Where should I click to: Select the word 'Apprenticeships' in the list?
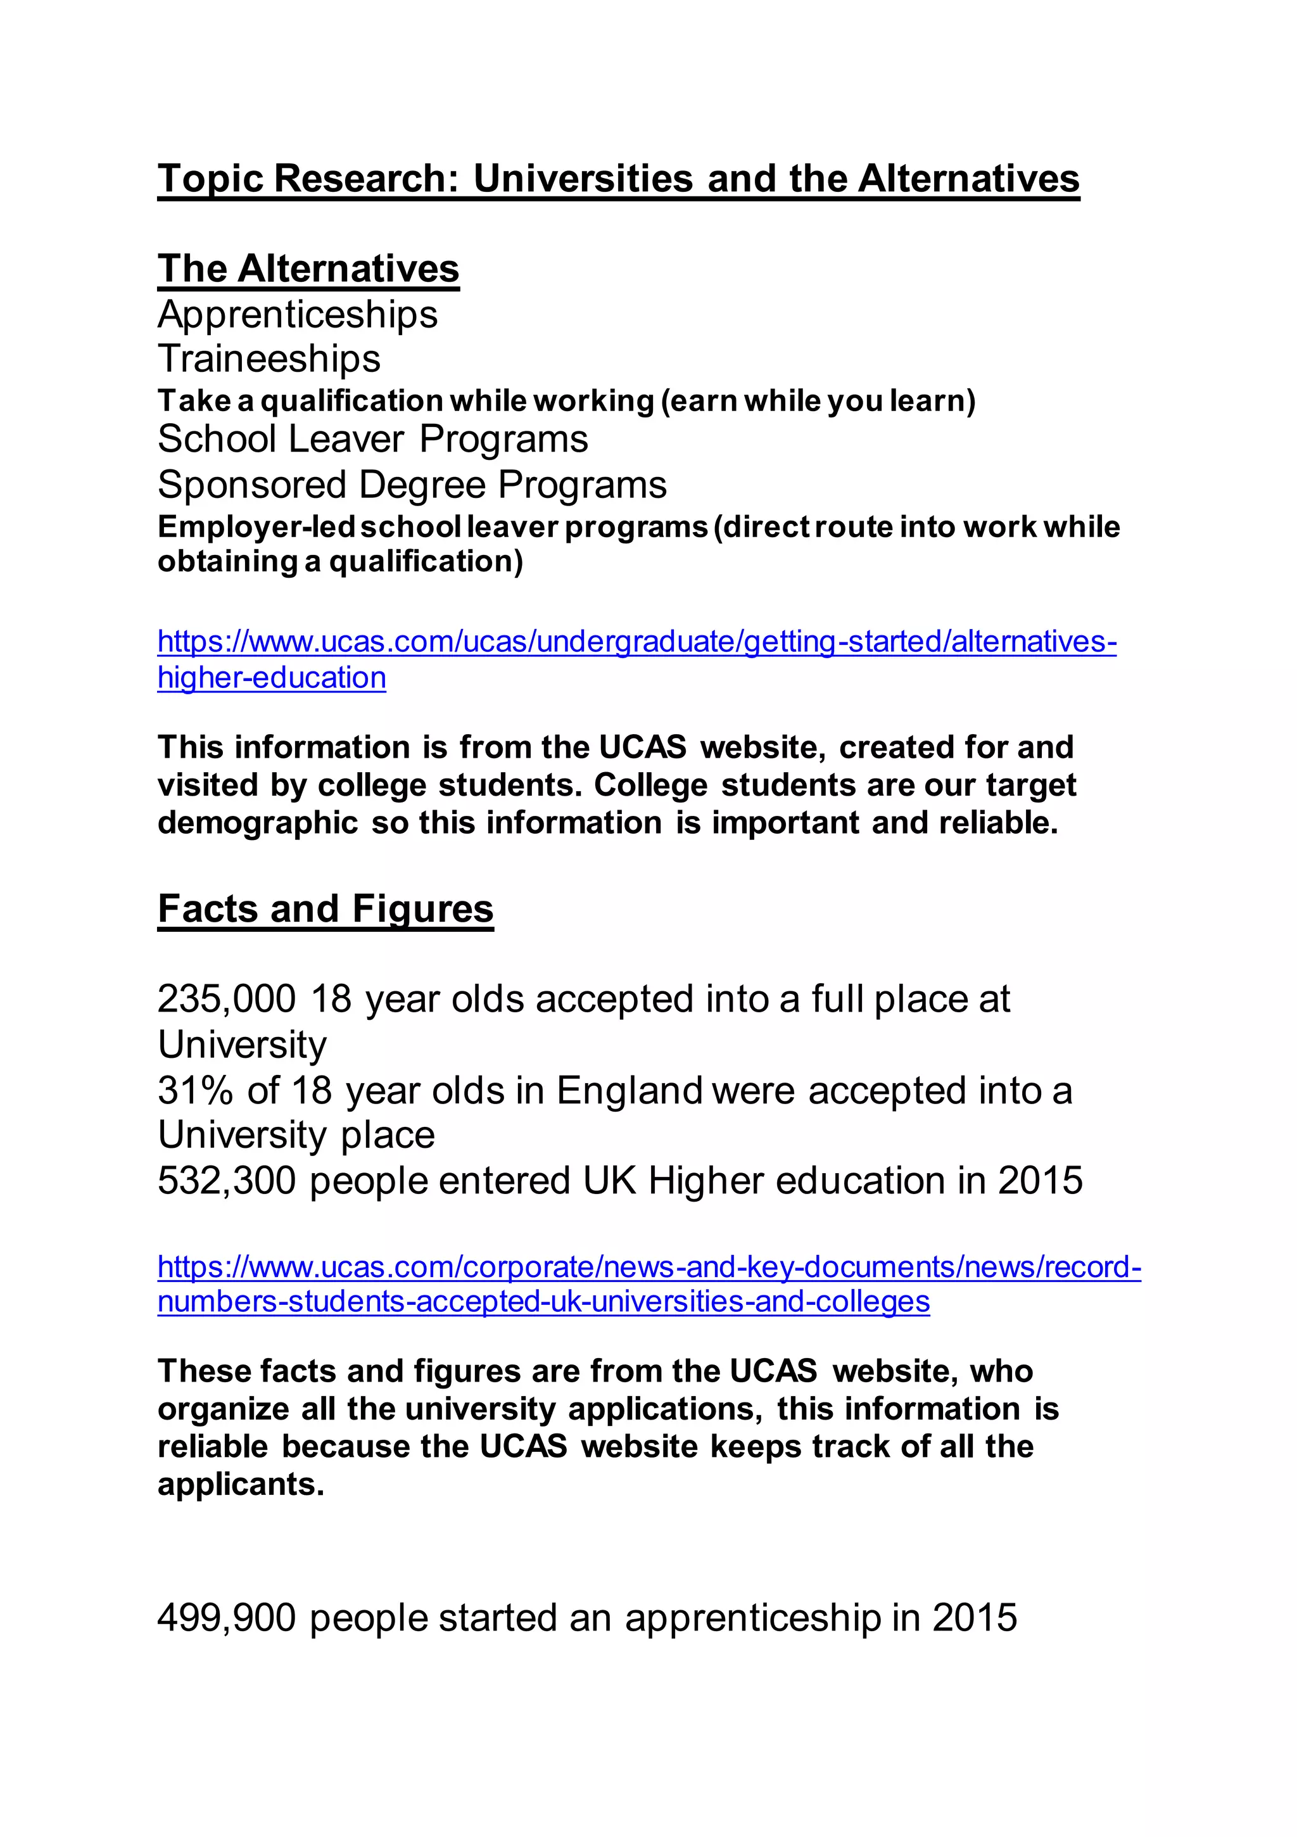pos(298,314)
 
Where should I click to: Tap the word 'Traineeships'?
pos(269,359)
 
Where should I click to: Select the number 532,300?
pos(227,1180)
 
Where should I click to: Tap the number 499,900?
pos(227,1617)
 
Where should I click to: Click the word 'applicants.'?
pos(241,1485)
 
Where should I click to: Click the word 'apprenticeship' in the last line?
pos(753,1617)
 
